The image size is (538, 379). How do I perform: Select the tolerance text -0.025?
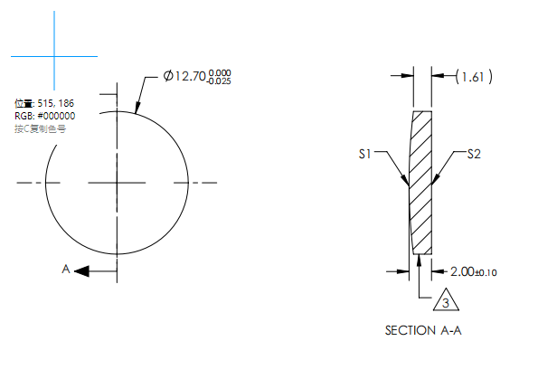click(218, 82)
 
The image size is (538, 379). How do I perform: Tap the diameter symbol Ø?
click(168, 77)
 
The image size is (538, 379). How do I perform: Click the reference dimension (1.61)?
click(474, 77)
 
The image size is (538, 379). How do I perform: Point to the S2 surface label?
click(473, 155)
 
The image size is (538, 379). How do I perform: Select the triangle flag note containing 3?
click(442, 302)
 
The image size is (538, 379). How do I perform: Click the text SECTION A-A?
click(423, 330)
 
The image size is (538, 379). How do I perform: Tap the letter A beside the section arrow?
click(65, 270)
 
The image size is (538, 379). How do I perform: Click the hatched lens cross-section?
click(420, 181)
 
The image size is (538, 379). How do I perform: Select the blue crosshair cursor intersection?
click(54, 57)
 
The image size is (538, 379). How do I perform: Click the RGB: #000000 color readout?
click(44, 117)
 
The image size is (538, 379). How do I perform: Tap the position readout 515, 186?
click(42, 104)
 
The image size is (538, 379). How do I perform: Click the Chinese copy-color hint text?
click(41, 129)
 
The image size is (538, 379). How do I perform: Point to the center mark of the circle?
click(117, 183)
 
